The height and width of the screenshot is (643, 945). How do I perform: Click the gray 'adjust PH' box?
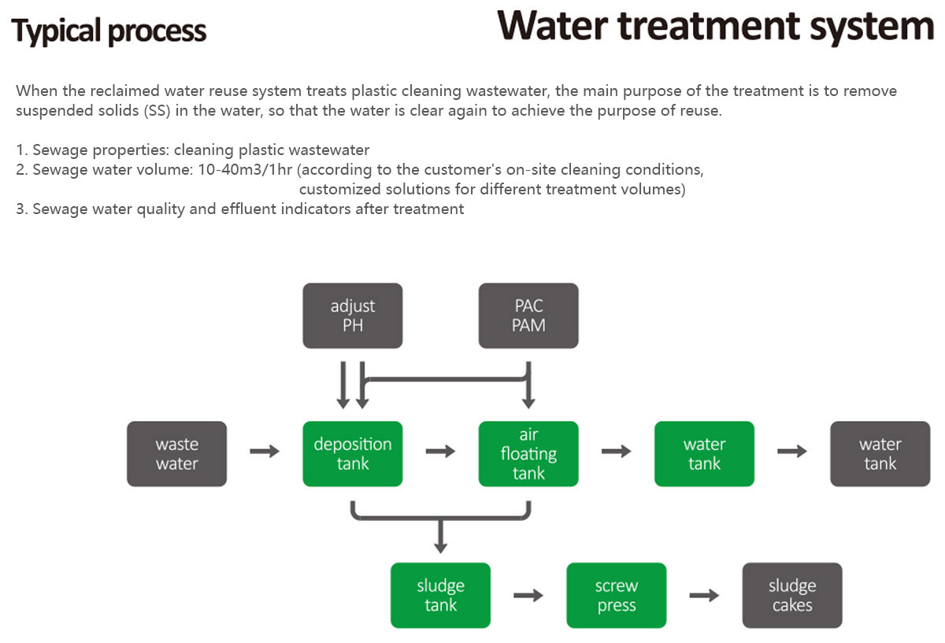(x=353, y=316)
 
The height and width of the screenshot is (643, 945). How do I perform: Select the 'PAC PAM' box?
(x=528, y=316)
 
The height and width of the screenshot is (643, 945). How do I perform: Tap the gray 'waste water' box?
(x=176, y=453)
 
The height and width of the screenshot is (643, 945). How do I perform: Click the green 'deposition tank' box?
(x=353, y=453)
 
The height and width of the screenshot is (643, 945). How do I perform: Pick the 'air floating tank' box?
(x=528, y=453)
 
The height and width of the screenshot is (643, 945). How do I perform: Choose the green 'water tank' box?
(x=704, y=453)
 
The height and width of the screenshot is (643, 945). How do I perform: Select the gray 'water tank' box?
(x=880, y=453)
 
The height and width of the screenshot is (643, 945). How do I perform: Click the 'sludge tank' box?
(x=440, y=595)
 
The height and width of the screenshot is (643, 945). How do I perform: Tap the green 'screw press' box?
(x=617, y=595)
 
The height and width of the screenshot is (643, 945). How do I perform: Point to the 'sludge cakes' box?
(x=792, y=595)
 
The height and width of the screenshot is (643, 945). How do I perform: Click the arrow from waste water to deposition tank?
(x=265, y=451)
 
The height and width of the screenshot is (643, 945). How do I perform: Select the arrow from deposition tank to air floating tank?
(x=440, y=451)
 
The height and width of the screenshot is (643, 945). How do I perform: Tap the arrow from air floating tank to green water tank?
(x=617, y=451)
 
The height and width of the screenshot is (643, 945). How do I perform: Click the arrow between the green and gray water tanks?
(x=792, y=451)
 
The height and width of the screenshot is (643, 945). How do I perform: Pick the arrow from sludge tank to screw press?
(x=528, y=595)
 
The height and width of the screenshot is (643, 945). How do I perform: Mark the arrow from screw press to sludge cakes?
(x=704, y=595)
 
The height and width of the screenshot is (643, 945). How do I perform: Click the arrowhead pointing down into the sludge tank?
(x=440, y=547)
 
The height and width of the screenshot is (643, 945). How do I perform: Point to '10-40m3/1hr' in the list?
(x=245, y=169)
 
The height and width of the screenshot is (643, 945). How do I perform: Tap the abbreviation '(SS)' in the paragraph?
(x=157, y=111)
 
